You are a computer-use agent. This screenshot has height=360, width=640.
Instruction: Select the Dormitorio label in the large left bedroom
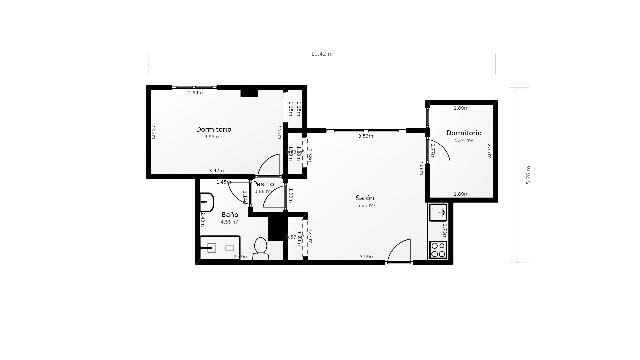coord(213,130)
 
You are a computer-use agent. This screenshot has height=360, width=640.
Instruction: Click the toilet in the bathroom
coord(260,246)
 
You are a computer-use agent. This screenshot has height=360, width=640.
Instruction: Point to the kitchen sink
coord(437,213)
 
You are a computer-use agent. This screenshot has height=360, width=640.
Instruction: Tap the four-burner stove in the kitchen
coord(437,248)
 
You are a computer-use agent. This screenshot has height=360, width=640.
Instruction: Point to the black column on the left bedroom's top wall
coord(248,92)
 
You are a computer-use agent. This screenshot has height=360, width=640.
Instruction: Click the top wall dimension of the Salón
coord(366,135)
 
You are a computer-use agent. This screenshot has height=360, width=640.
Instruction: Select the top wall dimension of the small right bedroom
coord(460,107)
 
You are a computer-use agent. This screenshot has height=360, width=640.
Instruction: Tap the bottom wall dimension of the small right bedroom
coord(460,194)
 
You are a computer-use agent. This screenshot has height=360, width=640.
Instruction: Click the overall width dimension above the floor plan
coord(320,53)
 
